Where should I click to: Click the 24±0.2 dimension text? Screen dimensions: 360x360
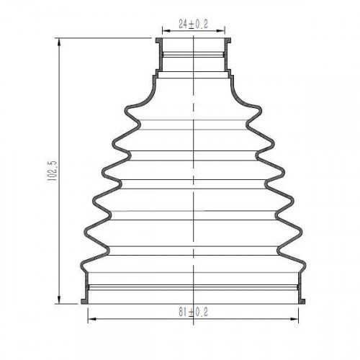pyautogui.click(x=193, y=24)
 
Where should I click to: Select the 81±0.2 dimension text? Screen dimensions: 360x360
pyautogui.click(x=193, y=312)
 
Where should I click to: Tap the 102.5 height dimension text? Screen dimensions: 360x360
pyautogui.click(x=52, y=171)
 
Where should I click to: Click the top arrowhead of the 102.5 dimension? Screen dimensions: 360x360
pyautogui.click(x=59, y=42)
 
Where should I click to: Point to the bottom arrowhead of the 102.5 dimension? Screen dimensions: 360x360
pyautogui.click(x=59, y=300)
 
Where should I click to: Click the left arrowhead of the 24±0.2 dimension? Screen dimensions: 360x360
pyautogui.click(x=167, y=31)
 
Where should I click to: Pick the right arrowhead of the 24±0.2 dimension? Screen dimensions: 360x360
pyautogui.click(x=220, y=31)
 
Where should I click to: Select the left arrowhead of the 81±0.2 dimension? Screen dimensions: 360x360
pyautogui.click(x=93, y=319)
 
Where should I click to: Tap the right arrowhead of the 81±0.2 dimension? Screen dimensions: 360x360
pyautogui.click(x=294, y=319)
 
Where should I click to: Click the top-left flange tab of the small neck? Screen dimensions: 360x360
pyautogui.click(x=158, y=40)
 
